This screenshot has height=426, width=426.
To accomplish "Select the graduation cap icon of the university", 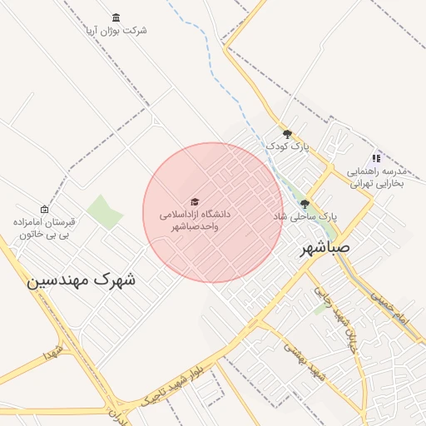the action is pos(195,202).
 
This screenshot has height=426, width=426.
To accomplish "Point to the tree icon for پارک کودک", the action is pos(287,134).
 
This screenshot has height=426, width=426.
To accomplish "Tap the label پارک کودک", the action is pos(287,146).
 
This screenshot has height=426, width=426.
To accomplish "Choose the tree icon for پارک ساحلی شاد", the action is pos(305,204).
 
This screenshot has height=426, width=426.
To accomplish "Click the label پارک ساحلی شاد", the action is pos(305,215).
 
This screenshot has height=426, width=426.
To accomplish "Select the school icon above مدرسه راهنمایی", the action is pos(376,158).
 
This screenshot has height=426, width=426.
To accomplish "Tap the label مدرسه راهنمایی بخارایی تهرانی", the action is pos(374,176).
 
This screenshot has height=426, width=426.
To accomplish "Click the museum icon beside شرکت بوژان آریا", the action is pos(115,17).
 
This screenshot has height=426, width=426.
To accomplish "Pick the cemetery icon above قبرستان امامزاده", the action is pos(44,209).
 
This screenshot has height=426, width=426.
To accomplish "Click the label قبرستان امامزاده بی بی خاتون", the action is pos(43,229).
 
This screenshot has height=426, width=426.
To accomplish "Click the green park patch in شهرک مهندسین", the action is pos(105,211).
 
